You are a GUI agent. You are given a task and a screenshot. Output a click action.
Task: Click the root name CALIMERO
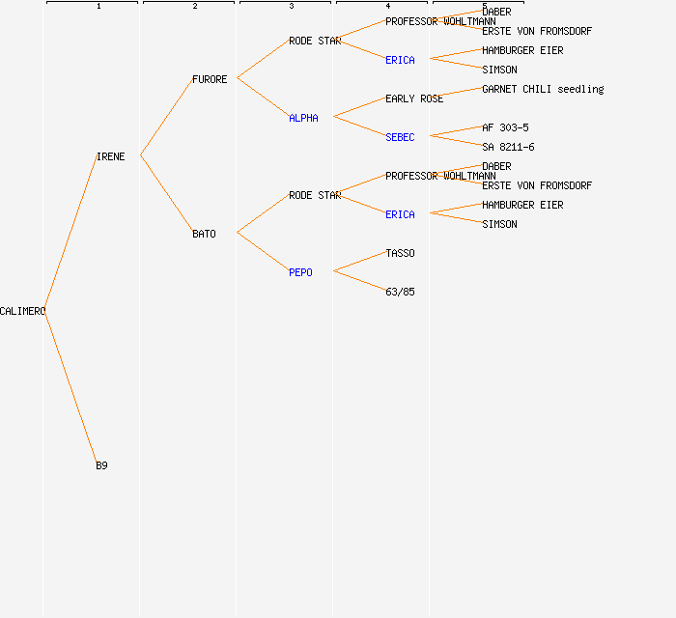pos(22,311)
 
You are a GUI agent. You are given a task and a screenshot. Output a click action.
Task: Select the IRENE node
pos(110,156)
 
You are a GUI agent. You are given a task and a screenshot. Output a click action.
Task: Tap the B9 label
pos(101,465)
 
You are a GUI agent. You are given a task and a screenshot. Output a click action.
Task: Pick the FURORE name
pos(210,79)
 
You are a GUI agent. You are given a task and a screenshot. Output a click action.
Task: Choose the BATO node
pos(204,234)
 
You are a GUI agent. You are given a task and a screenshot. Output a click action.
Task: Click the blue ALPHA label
pos(303,118)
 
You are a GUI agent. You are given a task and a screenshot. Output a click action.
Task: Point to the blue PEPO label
pos(300,272)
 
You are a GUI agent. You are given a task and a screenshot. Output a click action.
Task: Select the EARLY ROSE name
pos(414,98)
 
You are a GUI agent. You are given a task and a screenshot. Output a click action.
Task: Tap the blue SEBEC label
pos(400,137)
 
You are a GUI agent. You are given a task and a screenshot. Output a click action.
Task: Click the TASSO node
pos(400,253)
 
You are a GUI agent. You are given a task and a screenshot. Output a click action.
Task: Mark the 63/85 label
pos(400,292)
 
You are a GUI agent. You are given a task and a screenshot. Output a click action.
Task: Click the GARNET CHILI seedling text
pos(543,89)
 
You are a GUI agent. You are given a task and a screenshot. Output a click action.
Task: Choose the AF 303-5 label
pos(505,127)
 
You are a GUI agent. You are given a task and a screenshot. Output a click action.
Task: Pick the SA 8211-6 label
pos(508,147)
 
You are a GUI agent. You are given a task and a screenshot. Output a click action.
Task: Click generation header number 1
pos(99,7)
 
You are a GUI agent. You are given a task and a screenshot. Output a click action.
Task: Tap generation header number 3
pos(292,7)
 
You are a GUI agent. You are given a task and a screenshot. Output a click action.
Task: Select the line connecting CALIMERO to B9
pos(70,387)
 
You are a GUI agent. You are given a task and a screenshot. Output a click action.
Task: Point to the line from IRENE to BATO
pos(166,194)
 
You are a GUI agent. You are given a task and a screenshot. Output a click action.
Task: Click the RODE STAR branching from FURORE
pos(314,41)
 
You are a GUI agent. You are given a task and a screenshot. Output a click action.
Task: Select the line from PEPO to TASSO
pos(359,263)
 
